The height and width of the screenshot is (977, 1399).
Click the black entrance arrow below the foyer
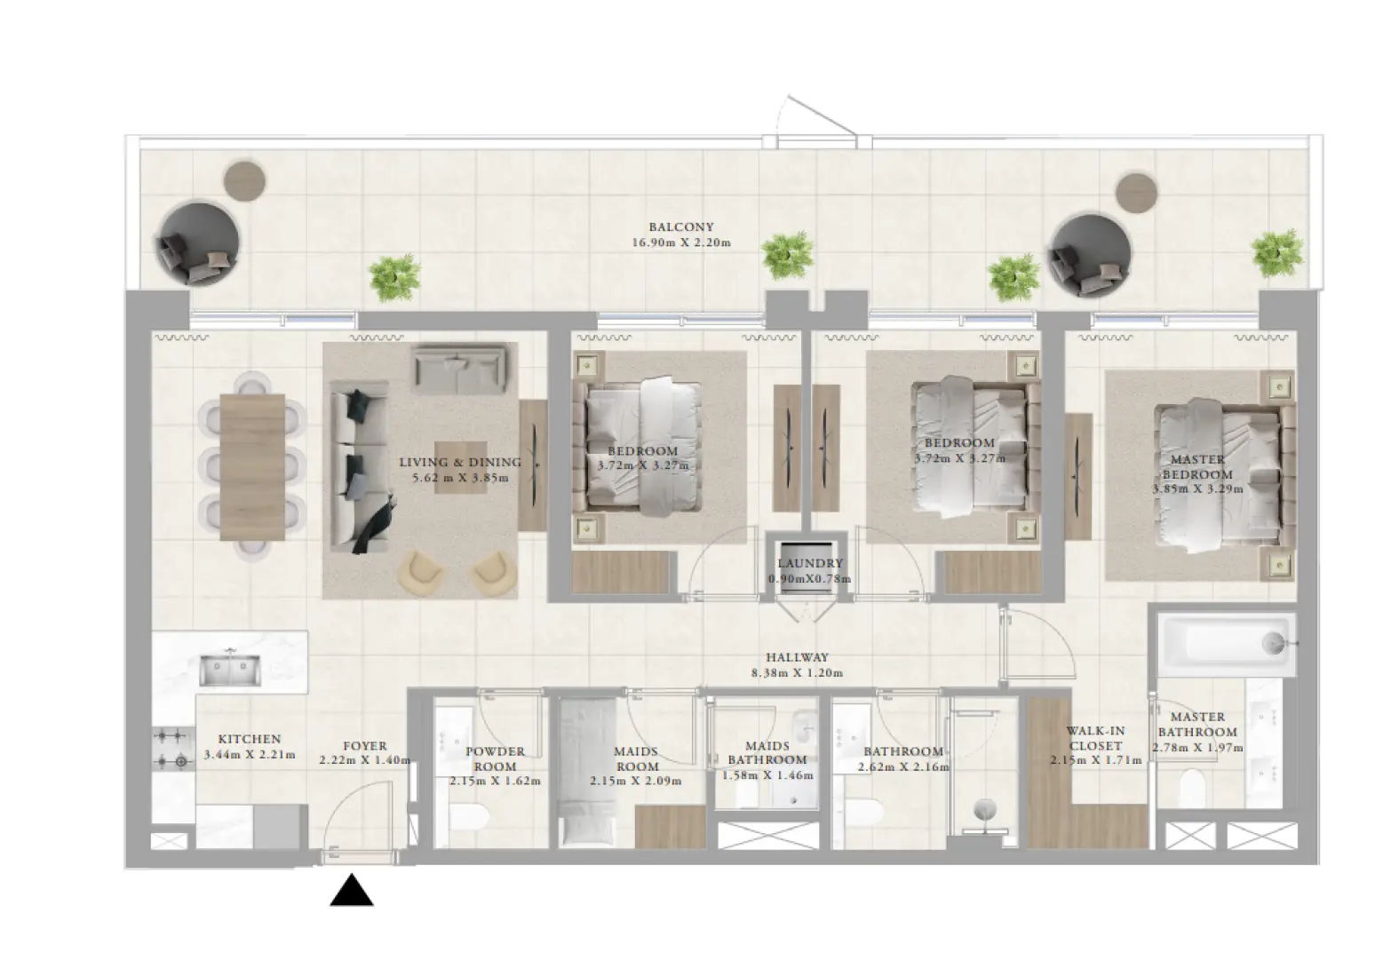click(x=352, y=891)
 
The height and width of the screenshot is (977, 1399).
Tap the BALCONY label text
click(x=680, y=227)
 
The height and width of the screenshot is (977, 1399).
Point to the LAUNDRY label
click(x=809, y=563)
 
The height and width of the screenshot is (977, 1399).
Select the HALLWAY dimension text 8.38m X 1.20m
click(x=797, y=673)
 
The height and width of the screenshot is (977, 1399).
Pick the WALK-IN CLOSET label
click(x=1096, y=738)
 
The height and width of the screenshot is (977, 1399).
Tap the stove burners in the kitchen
click(x=172, y=748)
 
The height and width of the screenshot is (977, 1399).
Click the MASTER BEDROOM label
click(x=1197, y=467)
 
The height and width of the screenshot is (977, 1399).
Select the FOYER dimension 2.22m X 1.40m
click(x=365, y=760)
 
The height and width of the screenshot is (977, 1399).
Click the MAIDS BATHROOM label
click(x=767, y=753)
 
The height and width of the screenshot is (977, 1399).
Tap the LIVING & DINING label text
click(x=460, y=462)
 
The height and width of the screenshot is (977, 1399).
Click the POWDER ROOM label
click(x=495, y=759)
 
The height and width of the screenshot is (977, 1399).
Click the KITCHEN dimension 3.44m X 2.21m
click(x=249, y=755)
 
